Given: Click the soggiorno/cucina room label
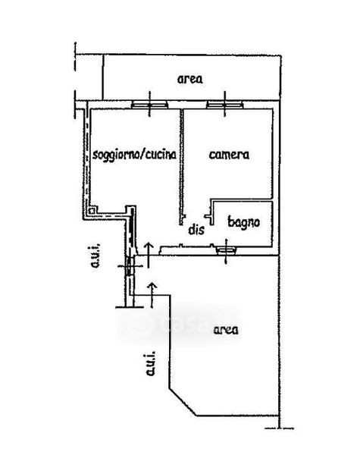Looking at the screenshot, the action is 134,155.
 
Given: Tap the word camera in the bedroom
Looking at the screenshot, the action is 229,155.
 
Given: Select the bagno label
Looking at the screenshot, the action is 244,222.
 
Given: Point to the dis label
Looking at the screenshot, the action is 196,229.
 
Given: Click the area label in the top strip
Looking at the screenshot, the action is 190,79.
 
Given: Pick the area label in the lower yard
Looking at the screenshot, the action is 226,330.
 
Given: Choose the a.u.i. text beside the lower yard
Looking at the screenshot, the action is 150,364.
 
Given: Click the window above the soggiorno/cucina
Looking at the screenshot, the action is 150,105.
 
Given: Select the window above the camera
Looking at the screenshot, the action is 225,105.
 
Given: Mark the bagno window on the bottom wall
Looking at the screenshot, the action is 227,250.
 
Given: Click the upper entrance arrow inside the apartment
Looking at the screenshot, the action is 149,255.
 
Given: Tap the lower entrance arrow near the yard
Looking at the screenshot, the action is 152,294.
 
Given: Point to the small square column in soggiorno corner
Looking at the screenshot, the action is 92,211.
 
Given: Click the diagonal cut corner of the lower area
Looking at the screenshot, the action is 183,402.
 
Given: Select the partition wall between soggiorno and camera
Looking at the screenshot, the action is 181,166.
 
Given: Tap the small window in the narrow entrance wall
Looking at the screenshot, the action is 130,265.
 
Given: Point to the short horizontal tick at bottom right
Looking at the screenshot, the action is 279,428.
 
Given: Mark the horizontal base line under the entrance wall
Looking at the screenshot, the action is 130,307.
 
